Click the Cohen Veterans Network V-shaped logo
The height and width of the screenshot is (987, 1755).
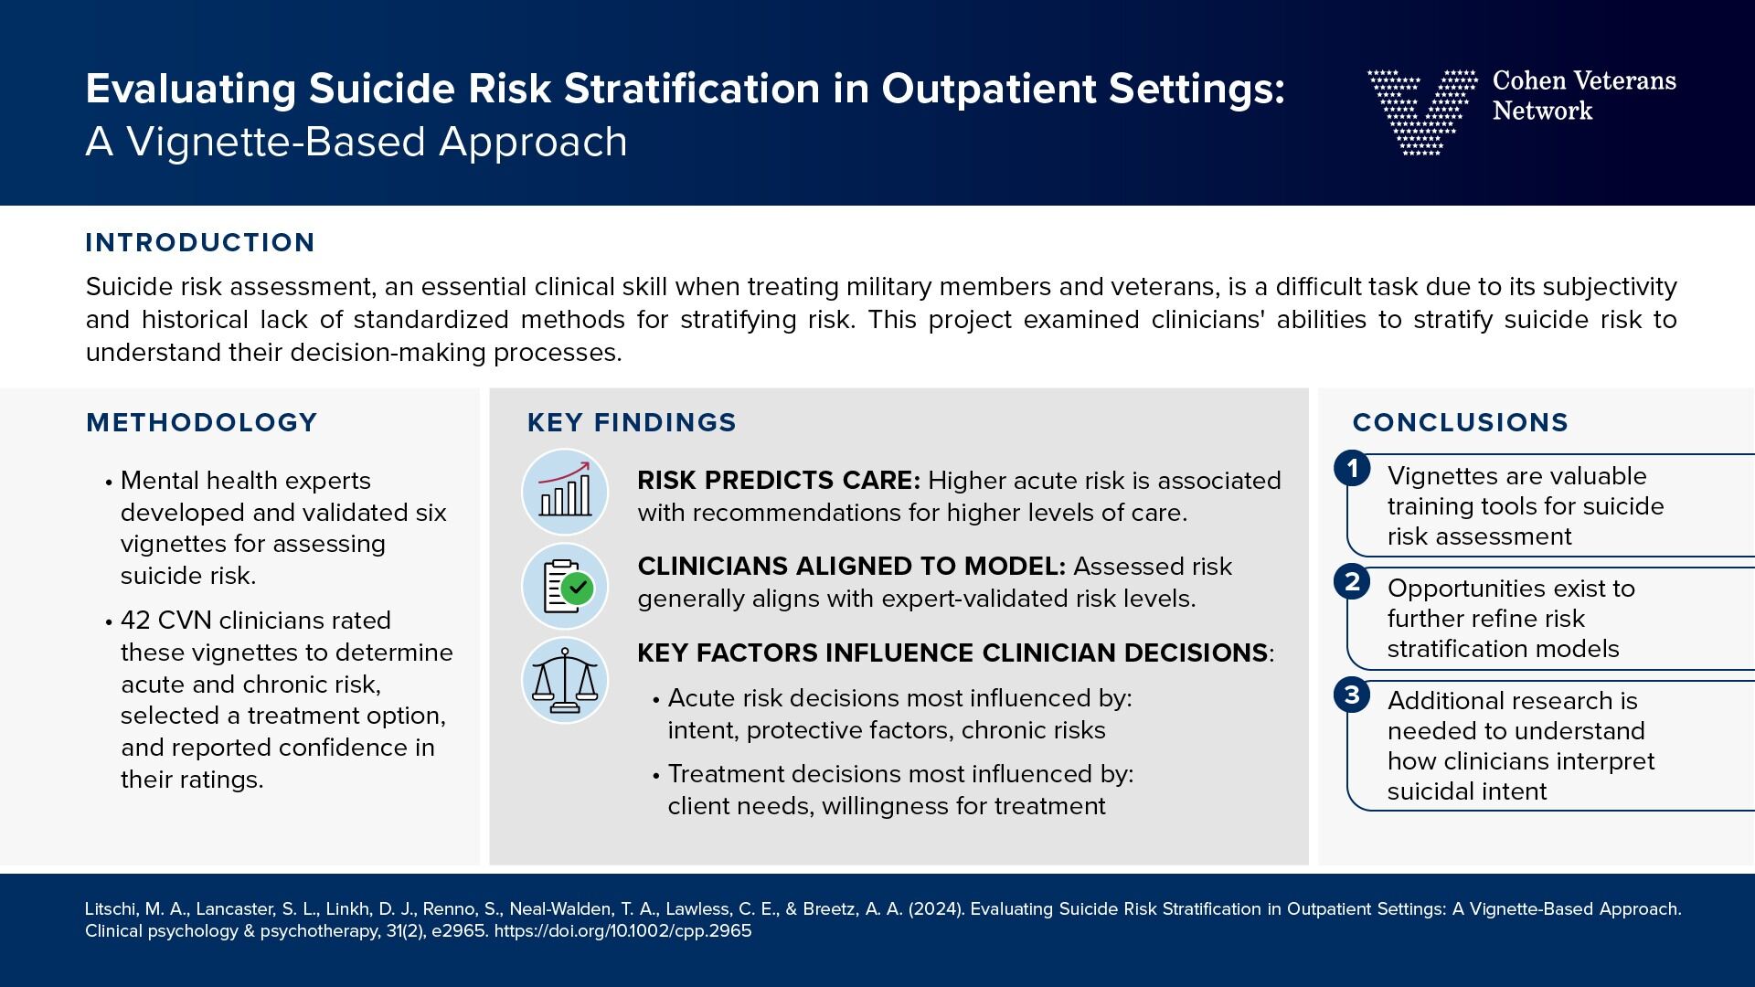coord(1421,111)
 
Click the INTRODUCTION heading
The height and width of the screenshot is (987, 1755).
coord(200,242)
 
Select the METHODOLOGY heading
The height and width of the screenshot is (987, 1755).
coord(201,422)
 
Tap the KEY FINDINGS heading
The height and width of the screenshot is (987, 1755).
coord(632,422)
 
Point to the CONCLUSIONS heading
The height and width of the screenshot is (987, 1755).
coord(1460,422)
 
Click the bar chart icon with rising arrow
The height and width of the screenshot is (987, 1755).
coord(565,492)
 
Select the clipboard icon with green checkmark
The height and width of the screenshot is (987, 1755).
coord(565,587)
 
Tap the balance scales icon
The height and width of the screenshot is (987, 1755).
coord(565,681)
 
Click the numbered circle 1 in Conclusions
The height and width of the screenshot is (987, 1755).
coord(1352,469)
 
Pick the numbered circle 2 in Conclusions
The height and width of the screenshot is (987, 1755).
coord(1352,581)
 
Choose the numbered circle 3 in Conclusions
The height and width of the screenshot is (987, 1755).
coord(1352,695)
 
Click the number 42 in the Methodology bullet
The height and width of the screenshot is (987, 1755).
coord(135,621)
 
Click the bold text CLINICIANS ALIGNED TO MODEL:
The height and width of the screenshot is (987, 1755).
coord(851,567)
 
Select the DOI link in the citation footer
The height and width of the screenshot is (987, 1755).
coord(622,931)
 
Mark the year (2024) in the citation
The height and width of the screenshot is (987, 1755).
coord(935,909)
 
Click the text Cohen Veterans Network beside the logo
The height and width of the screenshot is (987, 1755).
coord(1583,95)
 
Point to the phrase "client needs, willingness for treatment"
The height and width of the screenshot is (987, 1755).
coord(886,806)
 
